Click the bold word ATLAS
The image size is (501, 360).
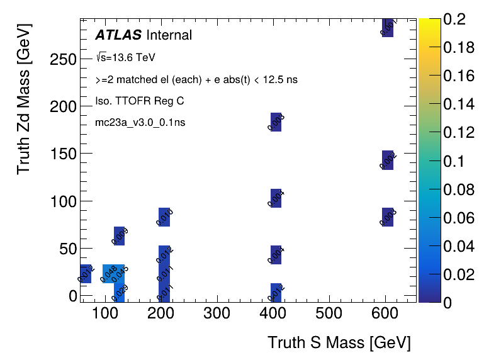(118, 35)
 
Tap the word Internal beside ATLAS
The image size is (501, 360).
(169, 35)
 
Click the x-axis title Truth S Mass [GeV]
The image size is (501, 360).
(339, 342)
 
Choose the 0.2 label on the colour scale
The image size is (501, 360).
(453, 20)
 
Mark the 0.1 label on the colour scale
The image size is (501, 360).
(453, 161)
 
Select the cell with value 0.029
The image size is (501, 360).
(119, 292)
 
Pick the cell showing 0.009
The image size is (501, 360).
(119, 235)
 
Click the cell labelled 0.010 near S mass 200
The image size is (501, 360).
(164, 217)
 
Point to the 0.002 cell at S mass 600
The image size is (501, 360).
(388, 160)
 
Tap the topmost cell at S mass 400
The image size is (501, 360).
(276, 122)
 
